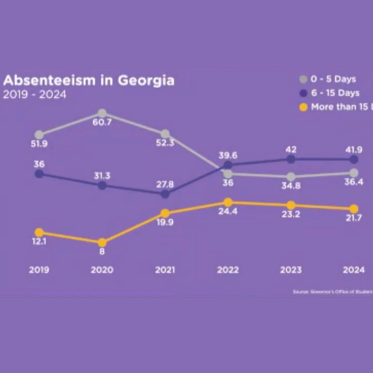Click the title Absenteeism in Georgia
pos(89,81)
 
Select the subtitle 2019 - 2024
pos(35,95)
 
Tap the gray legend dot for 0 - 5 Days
pos(304,79)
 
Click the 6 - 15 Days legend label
pos(335,93)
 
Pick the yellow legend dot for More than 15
pos(304,107)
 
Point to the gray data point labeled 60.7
pos(102,113)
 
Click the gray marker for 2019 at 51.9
pos(39,134)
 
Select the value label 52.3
pos(165,143)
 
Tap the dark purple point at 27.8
pos(165,194)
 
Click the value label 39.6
pos(228,155)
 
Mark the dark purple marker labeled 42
pos(291,159)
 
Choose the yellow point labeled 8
pos(102,242)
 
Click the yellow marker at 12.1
pos(39,232)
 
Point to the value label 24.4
pos(228,211)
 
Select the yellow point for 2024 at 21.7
pos(354,209)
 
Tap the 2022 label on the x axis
pos(228,270)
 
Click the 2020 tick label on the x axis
pos(102,270)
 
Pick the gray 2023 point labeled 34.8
pos(291,177)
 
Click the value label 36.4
pos(354,182)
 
